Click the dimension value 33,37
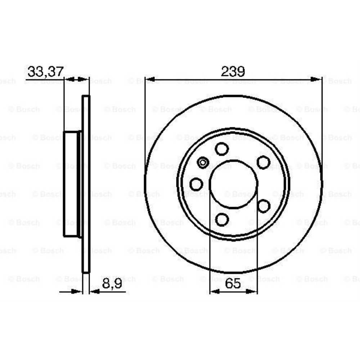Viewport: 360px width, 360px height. (x=45, y=71)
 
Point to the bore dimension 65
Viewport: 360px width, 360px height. (x=233, y=284)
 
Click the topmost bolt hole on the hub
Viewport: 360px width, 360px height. (x=222, y=149)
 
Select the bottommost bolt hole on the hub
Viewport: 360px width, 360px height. (x=222, y=219)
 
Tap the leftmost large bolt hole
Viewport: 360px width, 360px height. (x=196, y=184)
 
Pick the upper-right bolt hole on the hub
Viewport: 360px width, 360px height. (x=263, y=162)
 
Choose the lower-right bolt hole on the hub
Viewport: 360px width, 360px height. (x=263, y=206)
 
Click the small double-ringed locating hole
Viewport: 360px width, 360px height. (x=203, y=163)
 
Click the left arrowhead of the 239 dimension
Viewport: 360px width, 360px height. (x=150, y=80)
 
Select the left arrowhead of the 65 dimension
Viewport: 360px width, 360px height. (x=215, y=291)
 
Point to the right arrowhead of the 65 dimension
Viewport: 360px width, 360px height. (x=252, y=291)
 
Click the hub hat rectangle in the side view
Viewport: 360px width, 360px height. (x=71, y=184)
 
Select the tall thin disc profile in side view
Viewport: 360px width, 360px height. (x=86, y=184)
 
